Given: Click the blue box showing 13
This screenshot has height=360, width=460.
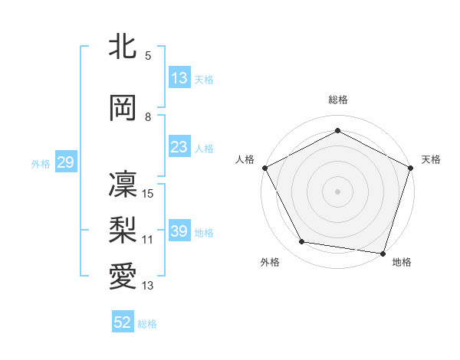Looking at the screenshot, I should (x=179, y=79).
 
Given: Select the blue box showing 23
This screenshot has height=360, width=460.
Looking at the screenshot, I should (x=179, y=147).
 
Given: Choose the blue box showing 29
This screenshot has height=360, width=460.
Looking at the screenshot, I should (x=65, y=162).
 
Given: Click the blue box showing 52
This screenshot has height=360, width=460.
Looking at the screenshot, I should (x=123, y=323).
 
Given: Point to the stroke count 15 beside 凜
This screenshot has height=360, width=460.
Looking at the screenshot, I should (x=148, y=194).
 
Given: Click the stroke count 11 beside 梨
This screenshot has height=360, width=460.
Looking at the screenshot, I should (x=148, y=240).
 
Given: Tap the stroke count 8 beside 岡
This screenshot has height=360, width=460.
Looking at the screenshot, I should (x=148, y=117).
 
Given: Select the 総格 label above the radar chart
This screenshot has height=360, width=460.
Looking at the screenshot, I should (x=338, y=100).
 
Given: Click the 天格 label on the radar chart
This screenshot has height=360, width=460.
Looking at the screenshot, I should (x=431, y=159).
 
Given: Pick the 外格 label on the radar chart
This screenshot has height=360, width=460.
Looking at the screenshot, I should (x=270, y=262).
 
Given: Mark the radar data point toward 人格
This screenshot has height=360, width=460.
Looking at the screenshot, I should (x=265, y=168).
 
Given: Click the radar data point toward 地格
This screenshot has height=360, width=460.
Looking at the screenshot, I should (x=383, y=252).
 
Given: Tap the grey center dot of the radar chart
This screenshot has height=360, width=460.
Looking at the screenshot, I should (x=338, y=191).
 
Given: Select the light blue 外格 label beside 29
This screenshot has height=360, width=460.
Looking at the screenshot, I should (x=41, y=163).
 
